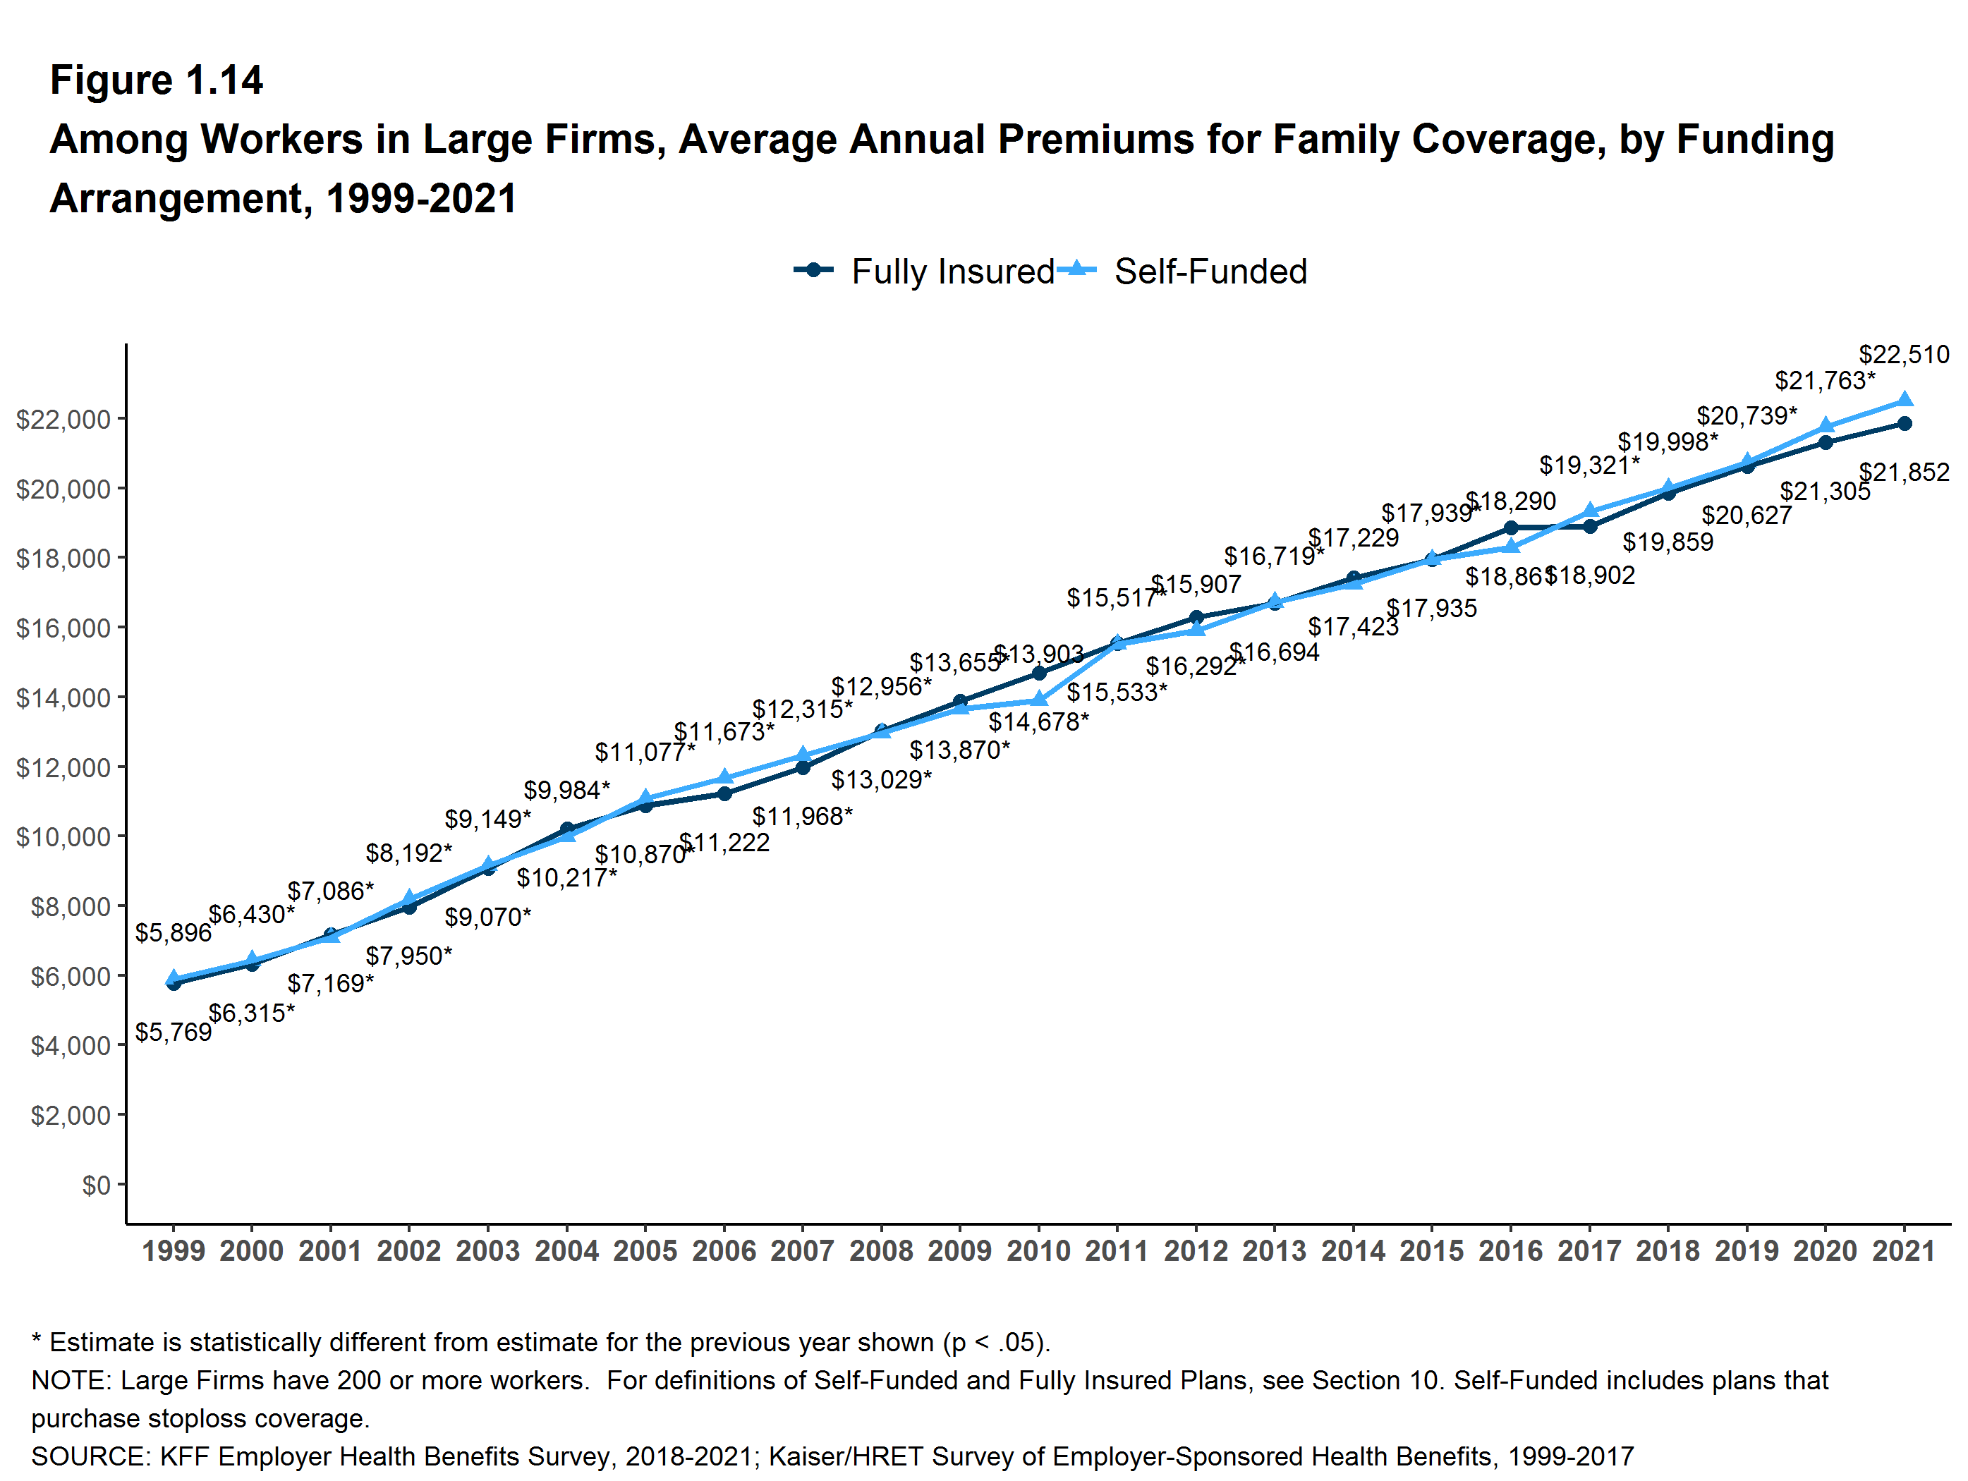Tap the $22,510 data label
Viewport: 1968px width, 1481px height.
1904,355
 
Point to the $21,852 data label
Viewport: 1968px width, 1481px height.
1904,473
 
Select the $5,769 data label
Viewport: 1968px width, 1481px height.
174,1032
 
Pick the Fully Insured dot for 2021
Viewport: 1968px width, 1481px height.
1905,423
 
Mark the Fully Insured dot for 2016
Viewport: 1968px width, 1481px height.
1511,528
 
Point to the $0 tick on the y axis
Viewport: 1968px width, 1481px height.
96,1185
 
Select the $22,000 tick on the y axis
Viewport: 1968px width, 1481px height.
63,419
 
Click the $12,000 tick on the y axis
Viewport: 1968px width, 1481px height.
63,767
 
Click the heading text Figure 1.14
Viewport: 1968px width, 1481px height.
157,80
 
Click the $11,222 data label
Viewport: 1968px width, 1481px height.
725,842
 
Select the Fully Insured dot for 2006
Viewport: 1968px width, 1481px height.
724,793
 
